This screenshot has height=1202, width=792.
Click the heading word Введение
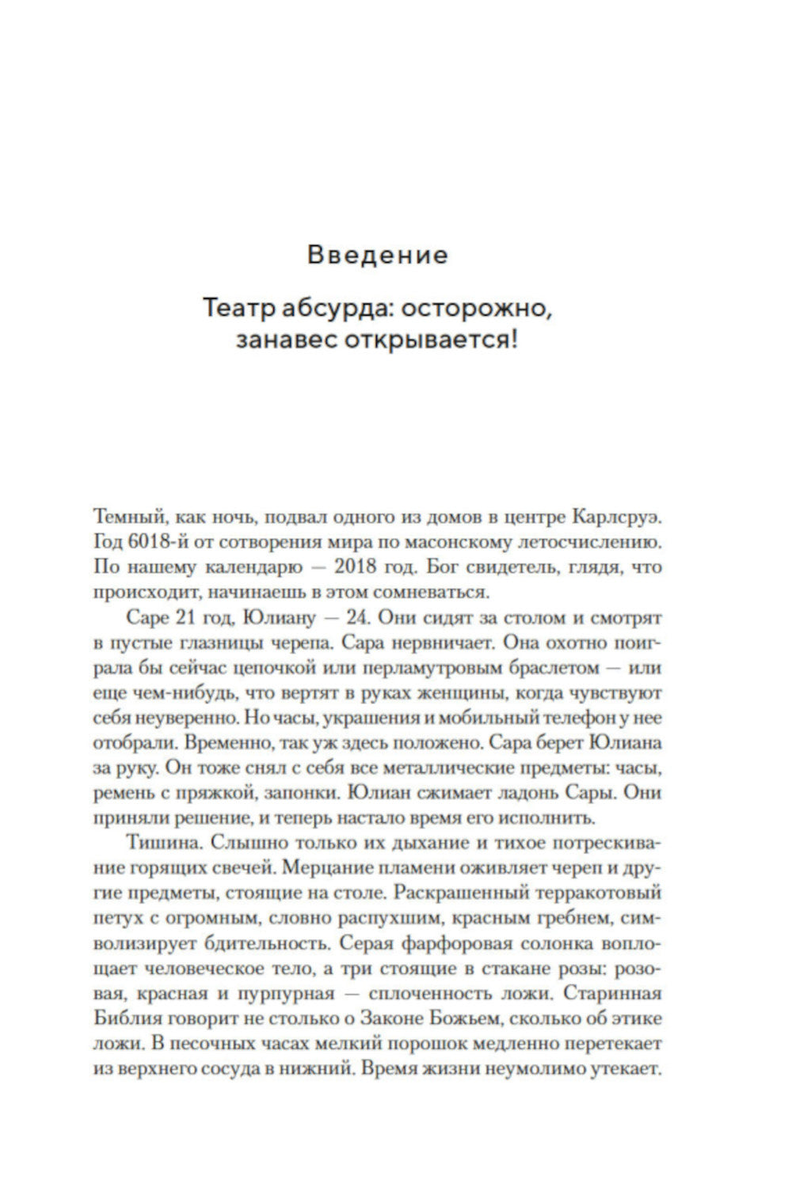[x=377, y=256]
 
